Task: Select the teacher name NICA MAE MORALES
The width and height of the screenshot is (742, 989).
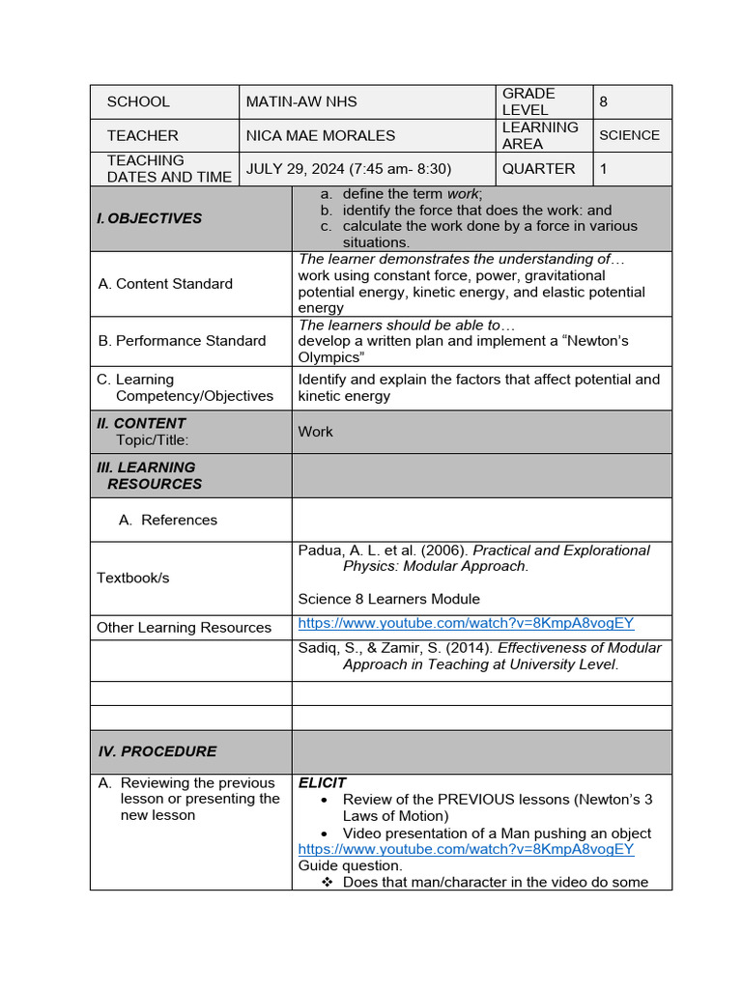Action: point(320,135)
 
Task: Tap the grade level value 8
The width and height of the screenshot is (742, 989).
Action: point(604,101)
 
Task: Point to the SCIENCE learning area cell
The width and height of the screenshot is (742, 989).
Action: point(629,135)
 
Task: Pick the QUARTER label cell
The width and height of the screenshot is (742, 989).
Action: point(538,169)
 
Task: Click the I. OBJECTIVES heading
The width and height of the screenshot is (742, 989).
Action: point(150,218)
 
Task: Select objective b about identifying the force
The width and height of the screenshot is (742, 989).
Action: point(476,210)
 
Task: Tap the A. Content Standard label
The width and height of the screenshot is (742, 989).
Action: point(165,284)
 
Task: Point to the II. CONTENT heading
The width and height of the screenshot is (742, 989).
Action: point(141,423)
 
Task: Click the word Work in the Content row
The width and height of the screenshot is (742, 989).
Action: point(315,432)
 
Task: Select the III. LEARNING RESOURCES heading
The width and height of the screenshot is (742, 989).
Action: point(150,475)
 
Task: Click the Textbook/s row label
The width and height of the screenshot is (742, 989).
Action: point(132,578)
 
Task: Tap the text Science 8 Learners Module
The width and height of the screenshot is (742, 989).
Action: point(388,599)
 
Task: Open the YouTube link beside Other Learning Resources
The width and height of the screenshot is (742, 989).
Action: point(466,624)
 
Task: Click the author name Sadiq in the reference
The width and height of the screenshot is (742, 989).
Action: point(318,648)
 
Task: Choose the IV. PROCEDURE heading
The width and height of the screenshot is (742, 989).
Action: point(157,751)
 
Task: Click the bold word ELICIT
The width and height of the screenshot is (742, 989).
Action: point(322,783)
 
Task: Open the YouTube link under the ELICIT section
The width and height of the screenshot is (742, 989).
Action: point(466,849)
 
